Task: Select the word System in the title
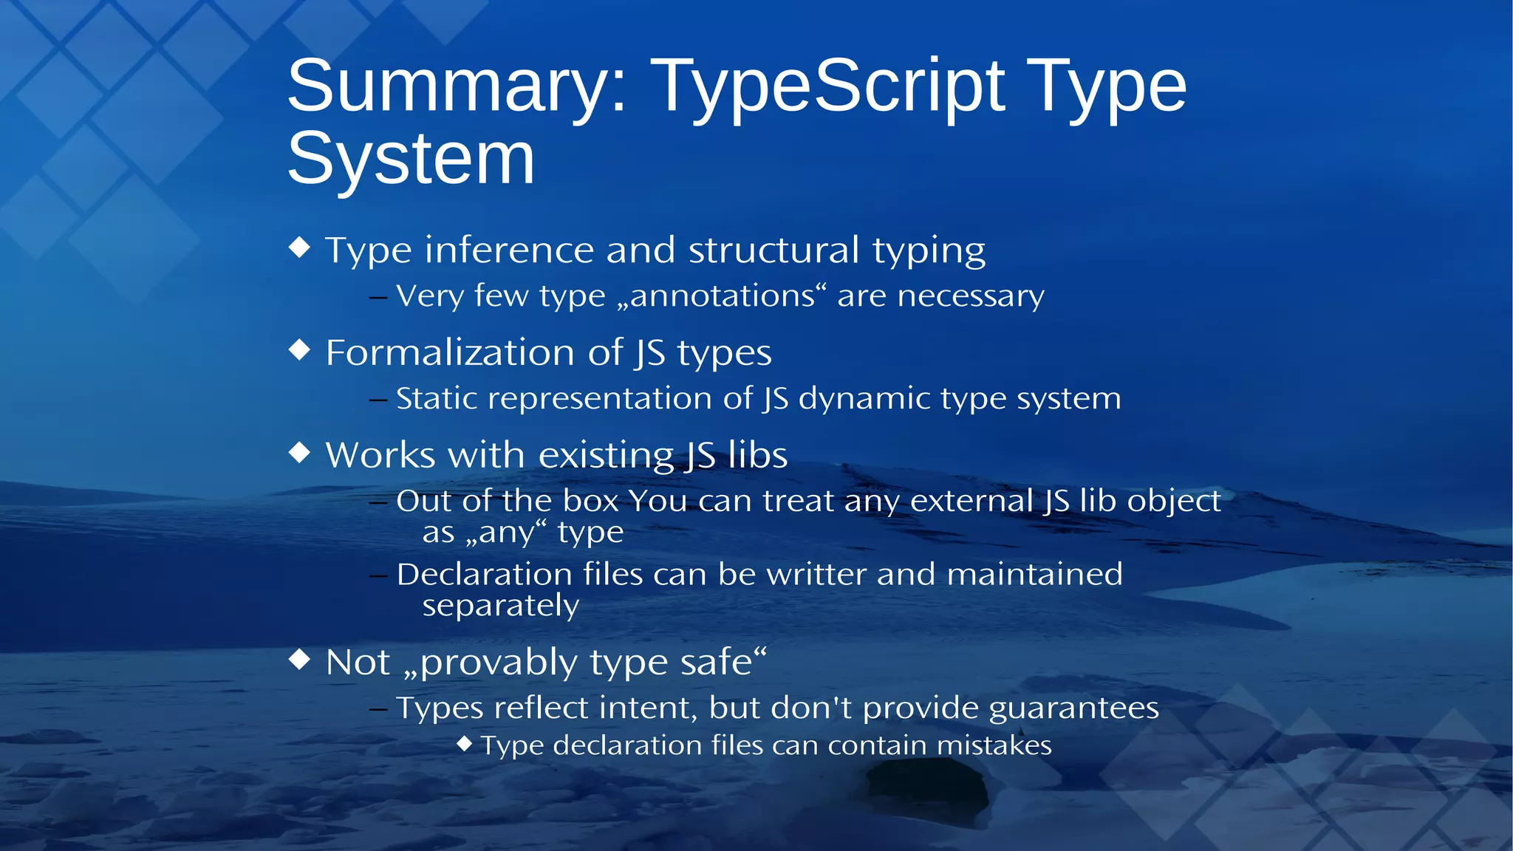(x=411, y=158)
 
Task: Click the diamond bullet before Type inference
(x=299, y=247)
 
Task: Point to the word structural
(x=774, y=250)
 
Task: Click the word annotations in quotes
(x=722, y=296)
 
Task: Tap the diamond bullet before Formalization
(x=299, y=349)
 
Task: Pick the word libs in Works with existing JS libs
(x=757, y=455)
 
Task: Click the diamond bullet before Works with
(x=299, y=452)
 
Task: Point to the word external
(x=971, y=501)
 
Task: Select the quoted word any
(x=506, y=533)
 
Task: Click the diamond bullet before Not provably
(x=299, y=658)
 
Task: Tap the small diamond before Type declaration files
(x=464, y=743)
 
